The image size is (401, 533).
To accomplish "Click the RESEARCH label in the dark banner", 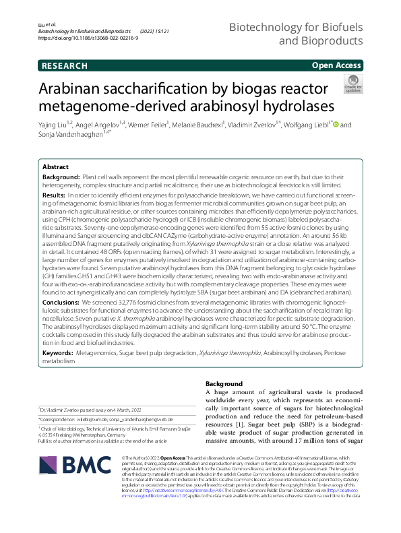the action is pyautogui.click(x=64, y=65).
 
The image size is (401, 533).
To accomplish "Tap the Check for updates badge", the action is pyautogui.click(x=352, y=84).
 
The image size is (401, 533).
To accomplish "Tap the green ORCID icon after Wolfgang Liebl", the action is pyautogui.click(x=336, y=125).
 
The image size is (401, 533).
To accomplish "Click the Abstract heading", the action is pyautogui.click(x=55, y=166).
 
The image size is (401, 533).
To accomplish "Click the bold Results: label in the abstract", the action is pyautogui.click(x=56, y=195).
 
